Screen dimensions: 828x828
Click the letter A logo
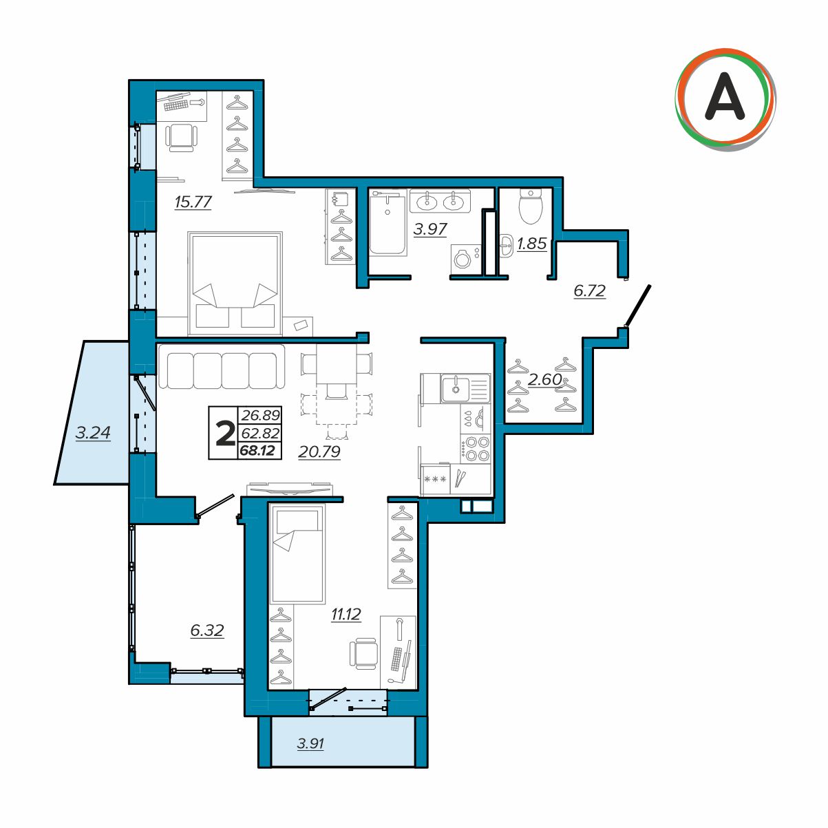point(725,100)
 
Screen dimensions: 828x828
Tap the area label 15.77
point(193,202)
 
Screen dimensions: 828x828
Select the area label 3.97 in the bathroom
point(429,229)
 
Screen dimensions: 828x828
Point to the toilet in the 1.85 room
point(531,206)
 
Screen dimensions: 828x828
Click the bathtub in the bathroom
point(388,224)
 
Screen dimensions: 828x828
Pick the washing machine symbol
point(466,259)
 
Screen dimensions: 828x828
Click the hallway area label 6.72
point(589,291)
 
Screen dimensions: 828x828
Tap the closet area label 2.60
point(544,379)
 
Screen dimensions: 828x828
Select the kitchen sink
point(465,388)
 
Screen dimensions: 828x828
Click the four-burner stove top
point(475,448)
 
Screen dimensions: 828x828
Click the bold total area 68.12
point(257,451)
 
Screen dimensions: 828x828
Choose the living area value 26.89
point(260,415)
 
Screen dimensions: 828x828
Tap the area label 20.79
point(319,452)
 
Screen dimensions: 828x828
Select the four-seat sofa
point(222,366)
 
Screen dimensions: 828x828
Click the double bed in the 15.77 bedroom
point(235,284)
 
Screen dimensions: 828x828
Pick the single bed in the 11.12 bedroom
point(297,553)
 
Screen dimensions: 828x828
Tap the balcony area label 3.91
point(310,755)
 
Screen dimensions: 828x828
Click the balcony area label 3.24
point(93,433)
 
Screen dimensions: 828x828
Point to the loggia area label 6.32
point(207,630)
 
